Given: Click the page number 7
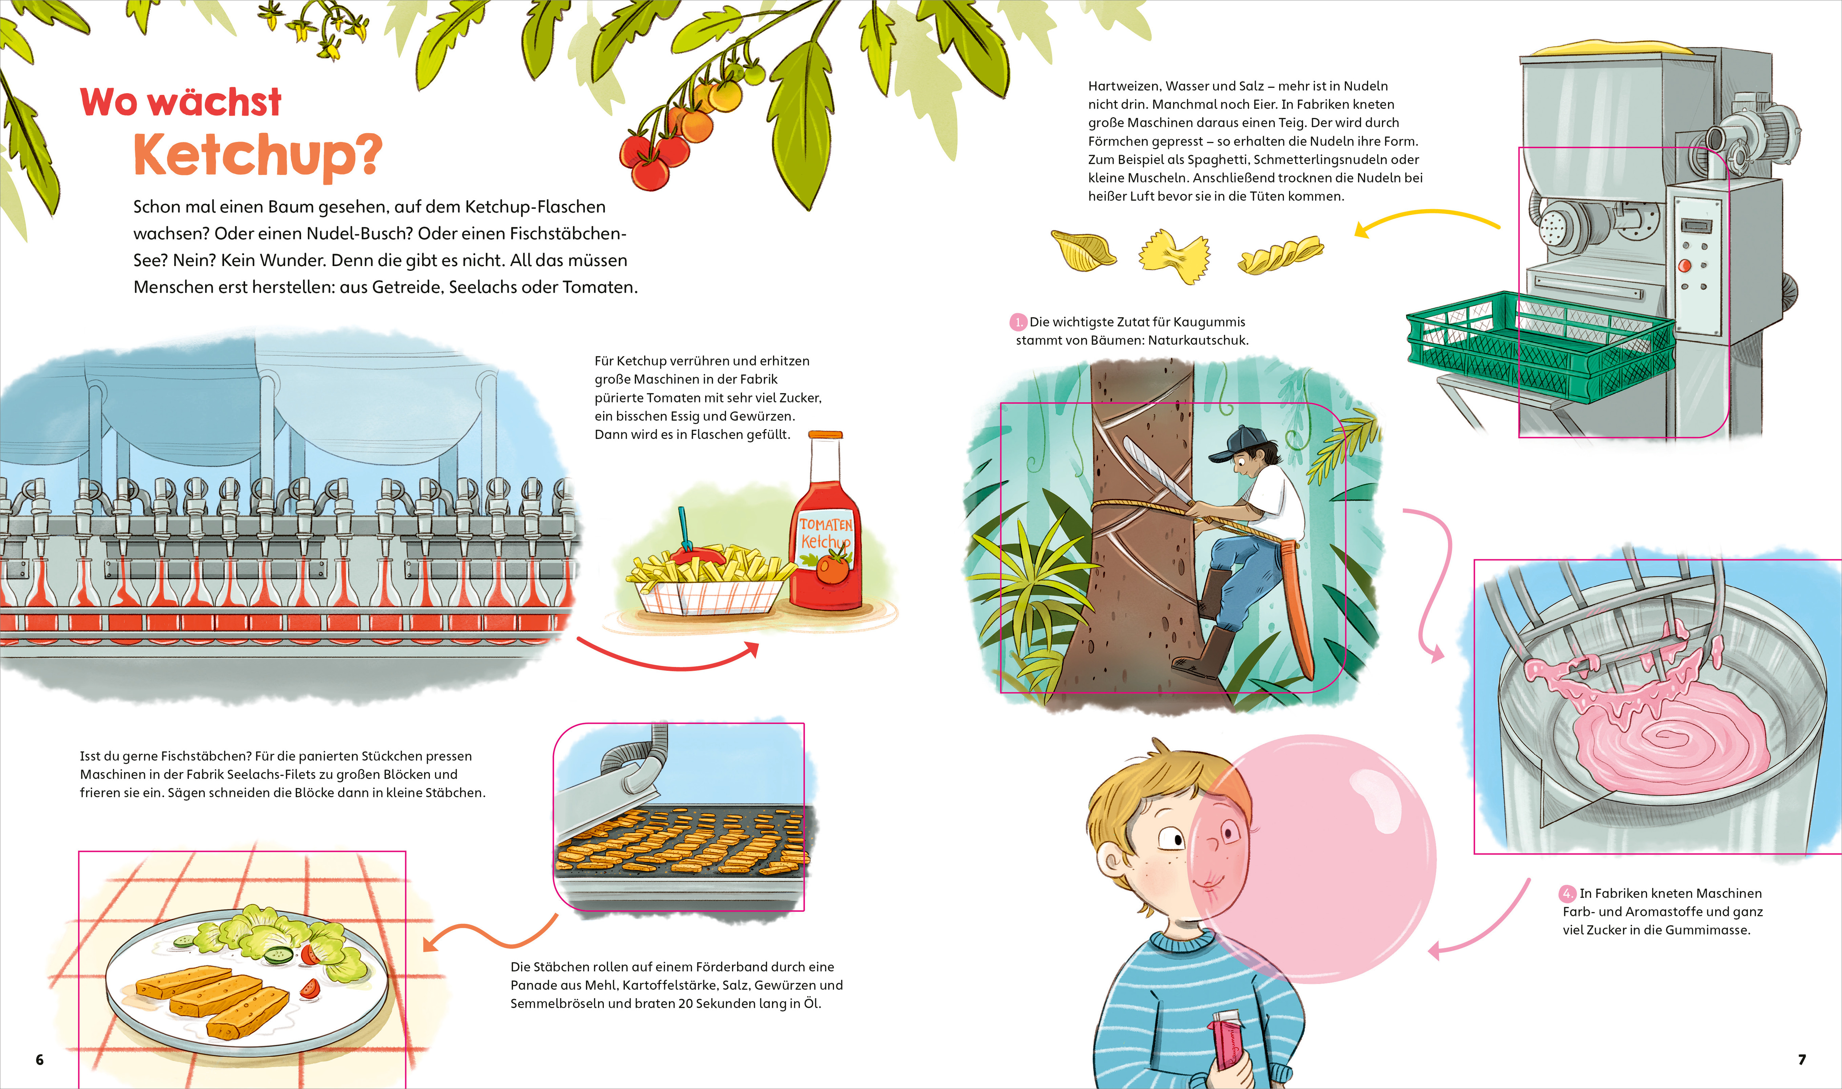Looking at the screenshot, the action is point(1802,1059).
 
